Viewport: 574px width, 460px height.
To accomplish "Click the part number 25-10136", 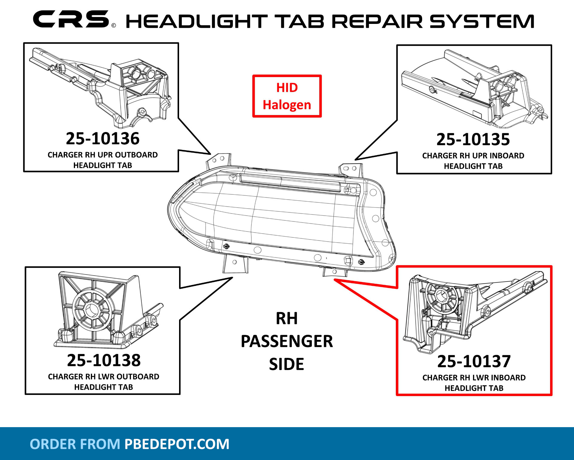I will point(103,139).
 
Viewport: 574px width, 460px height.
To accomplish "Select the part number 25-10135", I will point(473,139).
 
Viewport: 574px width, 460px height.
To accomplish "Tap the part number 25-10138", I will point(104,360).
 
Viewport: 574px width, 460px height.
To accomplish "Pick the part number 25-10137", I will point(474,361).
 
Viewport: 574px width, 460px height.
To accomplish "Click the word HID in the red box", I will point(287,88).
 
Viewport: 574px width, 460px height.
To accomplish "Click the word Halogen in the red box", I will point(287,105).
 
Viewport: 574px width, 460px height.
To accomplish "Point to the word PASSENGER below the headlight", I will point(287,341).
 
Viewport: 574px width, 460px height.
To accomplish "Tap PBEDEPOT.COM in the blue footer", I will point(177,444).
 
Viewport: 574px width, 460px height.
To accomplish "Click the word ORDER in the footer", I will point(53,444).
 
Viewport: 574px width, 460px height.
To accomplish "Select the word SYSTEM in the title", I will point(482,22).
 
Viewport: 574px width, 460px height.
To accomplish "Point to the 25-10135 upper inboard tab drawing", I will point(474,90).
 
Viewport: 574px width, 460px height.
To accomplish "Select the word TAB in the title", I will point(299,22).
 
